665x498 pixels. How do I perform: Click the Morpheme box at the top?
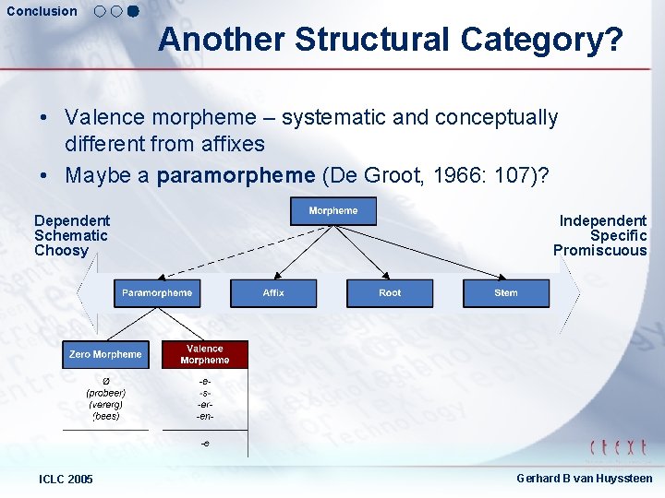point(333,210)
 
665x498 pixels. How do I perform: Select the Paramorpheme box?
point(157,293)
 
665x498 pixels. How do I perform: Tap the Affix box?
point(273,293)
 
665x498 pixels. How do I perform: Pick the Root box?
point(390,293)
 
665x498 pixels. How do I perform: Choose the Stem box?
point(506,293)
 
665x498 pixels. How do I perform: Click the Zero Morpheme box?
point(105,354)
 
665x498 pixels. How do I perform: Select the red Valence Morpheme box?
point(205,354)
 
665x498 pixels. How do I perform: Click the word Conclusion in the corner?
point(42,11)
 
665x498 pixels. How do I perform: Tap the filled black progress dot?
point(132,12)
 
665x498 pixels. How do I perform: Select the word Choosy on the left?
point(61,251)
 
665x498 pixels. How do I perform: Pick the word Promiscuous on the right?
point(599,251)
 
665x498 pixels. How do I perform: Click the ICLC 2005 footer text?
point(66,479)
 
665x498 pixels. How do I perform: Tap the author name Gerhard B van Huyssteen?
point(584,479)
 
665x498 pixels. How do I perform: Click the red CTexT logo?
point(618,448)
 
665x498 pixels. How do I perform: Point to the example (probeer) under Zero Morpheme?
point(106,393)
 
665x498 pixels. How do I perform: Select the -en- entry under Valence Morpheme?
point(205,417)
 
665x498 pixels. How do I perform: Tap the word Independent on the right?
point(602,220)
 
